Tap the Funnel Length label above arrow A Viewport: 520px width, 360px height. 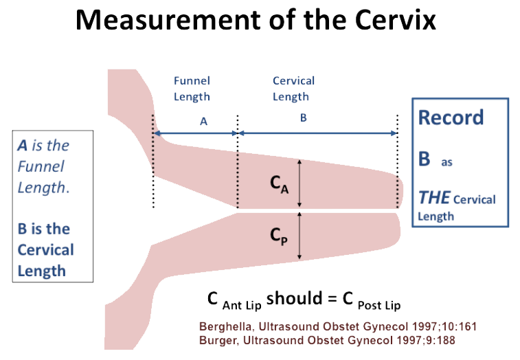pos(192,89)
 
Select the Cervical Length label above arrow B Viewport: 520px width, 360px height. pos(293,89)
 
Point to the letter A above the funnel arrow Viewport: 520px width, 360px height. pos(203,121)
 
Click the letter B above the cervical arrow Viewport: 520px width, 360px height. pos(303,118)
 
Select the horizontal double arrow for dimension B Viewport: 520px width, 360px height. pos(317,133)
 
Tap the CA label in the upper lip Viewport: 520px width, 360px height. pos(277,183)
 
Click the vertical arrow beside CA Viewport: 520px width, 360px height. pos(299,182)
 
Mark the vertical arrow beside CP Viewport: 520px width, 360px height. pos(299,236)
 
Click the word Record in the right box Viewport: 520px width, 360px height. pos(451,117)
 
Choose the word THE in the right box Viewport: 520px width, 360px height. pos(434,198)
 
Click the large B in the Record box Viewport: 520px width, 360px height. pos(425,159)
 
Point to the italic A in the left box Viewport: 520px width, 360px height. pos(23,146)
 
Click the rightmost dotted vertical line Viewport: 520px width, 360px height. pos(398,161)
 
